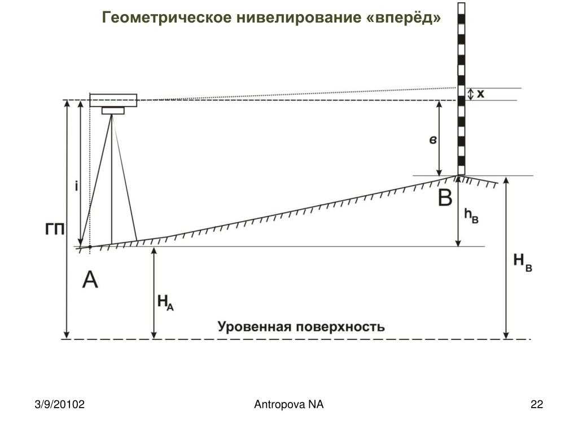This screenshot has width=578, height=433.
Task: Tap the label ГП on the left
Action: (55, 229)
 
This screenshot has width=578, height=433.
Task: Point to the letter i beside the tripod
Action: (76, 186)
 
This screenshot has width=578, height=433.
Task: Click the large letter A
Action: (90, 279)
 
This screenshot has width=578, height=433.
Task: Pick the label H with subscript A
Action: (165, 303)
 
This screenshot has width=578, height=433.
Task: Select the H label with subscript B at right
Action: (522, 262)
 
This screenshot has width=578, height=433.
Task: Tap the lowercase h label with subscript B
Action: (471, 216)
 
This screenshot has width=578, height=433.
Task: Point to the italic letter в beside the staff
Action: (433, 140)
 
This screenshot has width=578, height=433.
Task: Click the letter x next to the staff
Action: (480, 94)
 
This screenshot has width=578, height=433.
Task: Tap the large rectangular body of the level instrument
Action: (113, 100)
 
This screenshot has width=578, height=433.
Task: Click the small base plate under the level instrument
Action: (113, 111)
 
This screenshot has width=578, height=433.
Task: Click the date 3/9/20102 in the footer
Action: (59, 404)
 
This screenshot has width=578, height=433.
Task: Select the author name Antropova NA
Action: (288, 404)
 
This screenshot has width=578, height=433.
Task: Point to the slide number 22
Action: (537, 404)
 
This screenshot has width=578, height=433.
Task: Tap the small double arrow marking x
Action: (470, 94)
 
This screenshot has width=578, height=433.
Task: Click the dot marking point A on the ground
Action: (90, 247)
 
